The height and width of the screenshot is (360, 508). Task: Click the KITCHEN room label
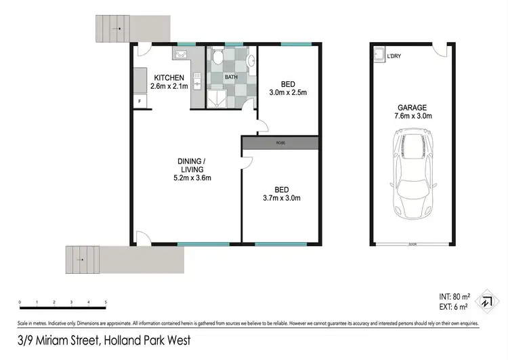(167, 78)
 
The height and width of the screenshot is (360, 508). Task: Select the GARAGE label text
(412, 107)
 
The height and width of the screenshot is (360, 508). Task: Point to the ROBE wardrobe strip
(280, 143)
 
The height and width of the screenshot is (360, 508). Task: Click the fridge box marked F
(140, 102)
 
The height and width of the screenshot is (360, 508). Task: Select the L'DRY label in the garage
(394, 56)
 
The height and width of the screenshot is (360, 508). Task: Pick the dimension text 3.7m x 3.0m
(282, 199)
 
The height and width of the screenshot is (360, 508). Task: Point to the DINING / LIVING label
(192, 165)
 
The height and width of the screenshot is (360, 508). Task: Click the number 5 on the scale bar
(106, 302)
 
